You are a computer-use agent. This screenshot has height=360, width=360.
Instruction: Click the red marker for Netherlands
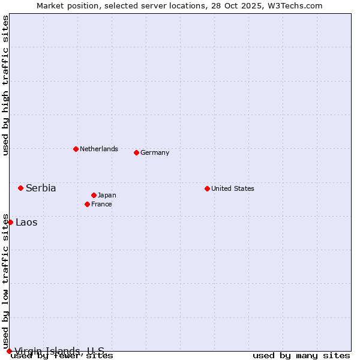click(x=76, y=149)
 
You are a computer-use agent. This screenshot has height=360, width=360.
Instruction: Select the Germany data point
click(x=136, y=152)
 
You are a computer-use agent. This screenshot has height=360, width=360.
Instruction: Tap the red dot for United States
click(x=207, y=188)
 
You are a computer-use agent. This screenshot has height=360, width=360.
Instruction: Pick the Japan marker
click(x=94, y=195)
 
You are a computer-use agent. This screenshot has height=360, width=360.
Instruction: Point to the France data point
click(x=87, y=204)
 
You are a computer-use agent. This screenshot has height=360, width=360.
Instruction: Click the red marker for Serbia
click(x=20, y=188)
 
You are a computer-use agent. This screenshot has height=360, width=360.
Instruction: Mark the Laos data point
click(x=10, y=222)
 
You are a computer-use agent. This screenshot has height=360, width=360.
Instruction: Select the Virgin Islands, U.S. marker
click(x=9, y=351)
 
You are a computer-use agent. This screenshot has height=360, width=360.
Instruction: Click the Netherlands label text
click(x=99, y=149)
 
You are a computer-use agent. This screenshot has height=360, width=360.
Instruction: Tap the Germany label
click(x=155, y=152)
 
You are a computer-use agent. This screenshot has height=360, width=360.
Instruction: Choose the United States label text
click(x=233, y=188)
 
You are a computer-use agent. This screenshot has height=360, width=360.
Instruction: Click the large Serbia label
click(x=41, y=188)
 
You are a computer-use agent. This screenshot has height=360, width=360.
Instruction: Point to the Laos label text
click(x=26, y=222)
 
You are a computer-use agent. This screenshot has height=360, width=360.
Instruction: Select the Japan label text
click(x=107, y=195)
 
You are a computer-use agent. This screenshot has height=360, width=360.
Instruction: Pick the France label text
click(x=101, y=204)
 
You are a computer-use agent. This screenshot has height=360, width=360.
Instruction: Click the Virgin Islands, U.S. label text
click(x=59, y=351)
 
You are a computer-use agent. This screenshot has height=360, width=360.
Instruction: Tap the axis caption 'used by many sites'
click(x=301, y=355)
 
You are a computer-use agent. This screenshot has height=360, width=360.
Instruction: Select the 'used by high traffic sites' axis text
click(x=5, y=85)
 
